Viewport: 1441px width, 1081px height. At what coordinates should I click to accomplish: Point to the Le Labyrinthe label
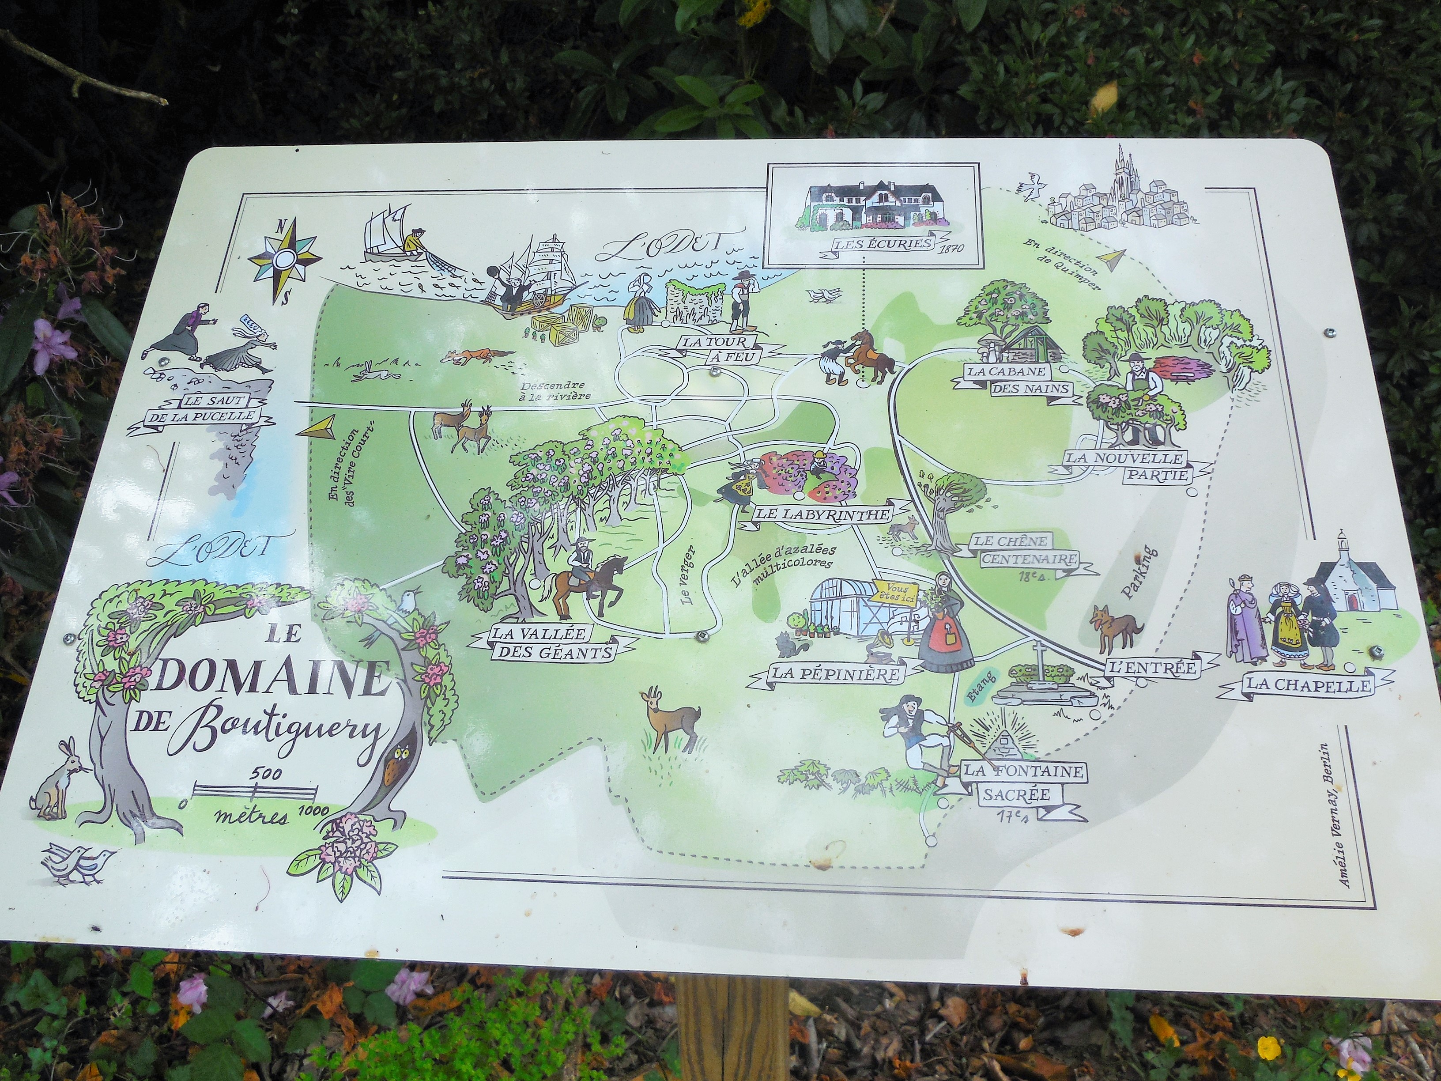pos(822,514)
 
